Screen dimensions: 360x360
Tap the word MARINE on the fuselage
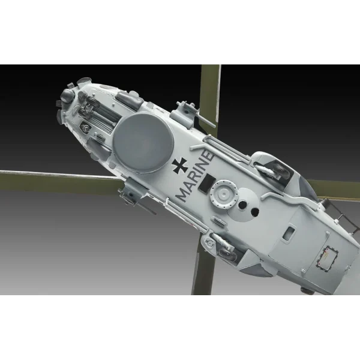(195, 175)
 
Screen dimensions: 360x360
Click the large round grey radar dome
(143, 143)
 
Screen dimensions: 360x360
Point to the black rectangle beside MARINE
(206, 182)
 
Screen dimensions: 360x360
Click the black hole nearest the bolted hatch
(242, 205)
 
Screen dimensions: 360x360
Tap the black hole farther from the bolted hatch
(254, 212)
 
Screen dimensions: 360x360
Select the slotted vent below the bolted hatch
(217, 220)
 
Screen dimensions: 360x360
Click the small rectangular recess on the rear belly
(289, 233)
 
